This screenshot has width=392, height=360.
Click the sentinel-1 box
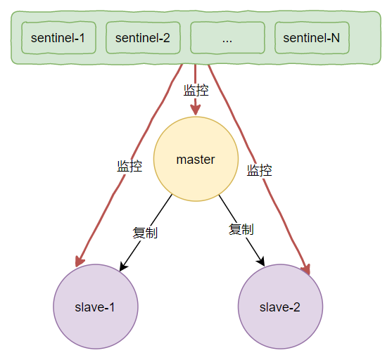tap(58, 38)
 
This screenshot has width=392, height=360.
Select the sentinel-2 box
tap(143, 38)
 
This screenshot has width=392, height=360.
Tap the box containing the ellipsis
tap(227, 38)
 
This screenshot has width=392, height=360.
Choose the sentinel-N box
tap(312, 38)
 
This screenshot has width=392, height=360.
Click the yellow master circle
tap(196, 159)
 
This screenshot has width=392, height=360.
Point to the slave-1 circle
tap(96, 307)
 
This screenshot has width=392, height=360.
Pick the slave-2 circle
tap(280, 307)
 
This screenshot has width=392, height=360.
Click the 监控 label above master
tap(196, 90)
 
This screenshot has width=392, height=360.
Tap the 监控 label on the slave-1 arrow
tap(129, 166)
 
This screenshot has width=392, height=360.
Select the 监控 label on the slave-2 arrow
tap(259, 170)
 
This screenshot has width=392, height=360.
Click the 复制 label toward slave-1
tap(145, 233)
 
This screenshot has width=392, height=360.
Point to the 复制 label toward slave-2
tap(241, 229)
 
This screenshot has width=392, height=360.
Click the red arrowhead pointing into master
tap(196, 110)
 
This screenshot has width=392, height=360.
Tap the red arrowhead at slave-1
tap(80, 261)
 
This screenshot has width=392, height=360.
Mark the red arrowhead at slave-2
tap(306, 269)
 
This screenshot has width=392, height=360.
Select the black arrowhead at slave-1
tap(123, 266)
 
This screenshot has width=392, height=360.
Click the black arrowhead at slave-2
tap(260, 262)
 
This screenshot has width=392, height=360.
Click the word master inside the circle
tap(196, 160)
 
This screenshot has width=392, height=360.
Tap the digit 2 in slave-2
tap(296, 307)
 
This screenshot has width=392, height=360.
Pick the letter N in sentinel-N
tap(335, 38)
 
